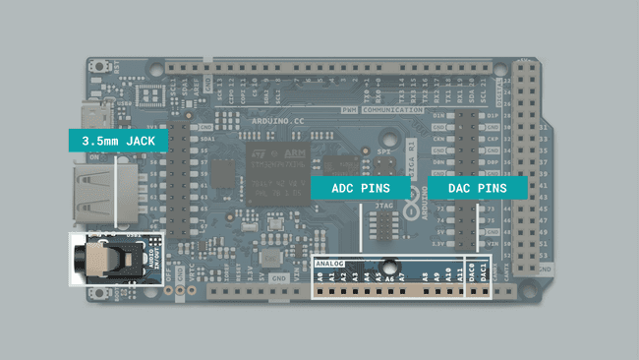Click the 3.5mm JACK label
[x=118, y=141]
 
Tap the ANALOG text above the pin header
[x=332, y=265]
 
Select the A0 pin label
[x=320, y=278]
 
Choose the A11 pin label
[x=459, y=278]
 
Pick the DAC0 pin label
[x=473, y=278]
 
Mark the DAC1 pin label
[x=485, y=278]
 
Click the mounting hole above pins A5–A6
[x=389, y=265]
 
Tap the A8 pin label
[x=425, y=278]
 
